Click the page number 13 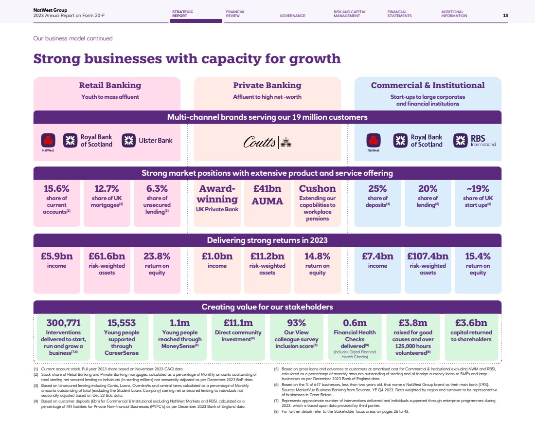[505, 16]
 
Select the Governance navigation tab [292, 16]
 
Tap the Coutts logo [267, 142]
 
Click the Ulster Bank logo [147, 141]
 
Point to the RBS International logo [475, 141]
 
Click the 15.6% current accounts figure [56, 188]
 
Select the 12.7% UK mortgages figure [107, 188]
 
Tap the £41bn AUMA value [267, 188]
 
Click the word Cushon [317, 188]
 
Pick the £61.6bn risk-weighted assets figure [107, 256]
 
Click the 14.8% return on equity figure [317, 256]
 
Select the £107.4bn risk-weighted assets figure [428, 256]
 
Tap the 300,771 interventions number [63, 323]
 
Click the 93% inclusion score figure [296, 323]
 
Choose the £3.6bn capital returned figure [471, 323]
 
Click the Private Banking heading [267, 86]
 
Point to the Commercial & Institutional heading [428, 86]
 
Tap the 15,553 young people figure [122, 323]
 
